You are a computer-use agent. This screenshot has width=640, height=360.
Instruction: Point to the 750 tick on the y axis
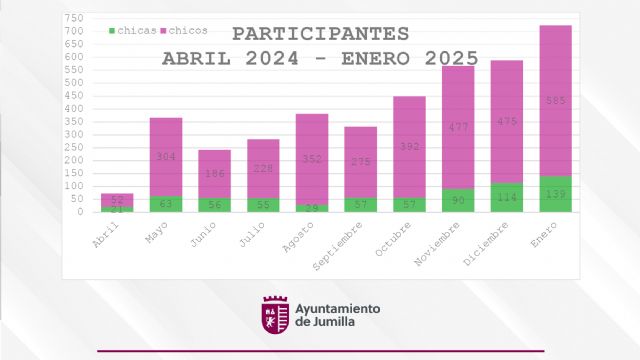74,19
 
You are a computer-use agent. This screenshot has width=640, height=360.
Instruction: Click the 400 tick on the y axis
74,109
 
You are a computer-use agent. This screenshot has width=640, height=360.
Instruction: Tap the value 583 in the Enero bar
556,100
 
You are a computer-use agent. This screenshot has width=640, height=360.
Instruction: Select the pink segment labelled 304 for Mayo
166,156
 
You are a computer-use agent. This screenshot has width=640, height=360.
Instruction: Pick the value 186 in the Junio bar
214,173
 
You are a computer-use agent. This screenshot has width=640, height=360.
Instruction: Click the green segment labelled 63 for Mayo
166,203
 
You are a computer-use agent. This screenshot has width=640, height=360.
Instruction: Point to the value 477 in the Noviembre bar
458,126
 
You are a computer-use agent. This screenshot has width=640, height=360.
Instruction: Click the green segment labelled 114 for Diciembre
507,197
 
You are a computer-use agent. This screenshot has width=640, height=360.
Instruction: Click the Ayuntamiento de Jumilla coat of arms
275,315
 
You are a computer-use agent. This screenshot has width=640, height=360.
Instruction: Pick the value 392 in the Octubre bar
409,144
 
